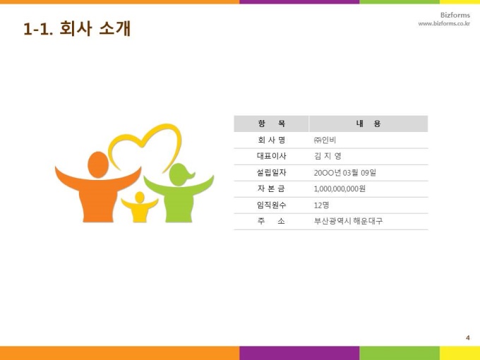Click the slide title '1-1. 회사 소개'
point(77,29)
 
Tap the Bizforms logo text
point(455,15)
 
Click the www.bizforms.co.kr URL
point(444,23)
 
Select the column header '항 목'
point(272,124)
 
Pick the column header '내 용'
point(368,124)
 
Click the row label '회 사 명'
point(272,140)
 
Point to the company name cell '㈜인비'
point(325,140)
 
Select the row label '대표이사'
point(272,156)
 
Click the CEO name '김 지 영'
point(328,156)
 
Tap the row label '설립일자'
point(272,173)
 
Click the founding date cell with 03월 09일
point(345,173)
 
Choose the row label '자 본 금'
point(272,188)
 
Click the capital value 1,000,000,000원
point(340,189)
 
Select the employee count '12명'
point(321,205)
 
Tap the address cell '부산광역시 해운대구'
point(349,221)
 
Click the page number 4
point(467,337)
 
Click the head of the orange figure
point(98,164)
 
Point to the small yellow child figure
point(140,207)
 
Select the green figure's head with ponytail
point(181,175)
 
